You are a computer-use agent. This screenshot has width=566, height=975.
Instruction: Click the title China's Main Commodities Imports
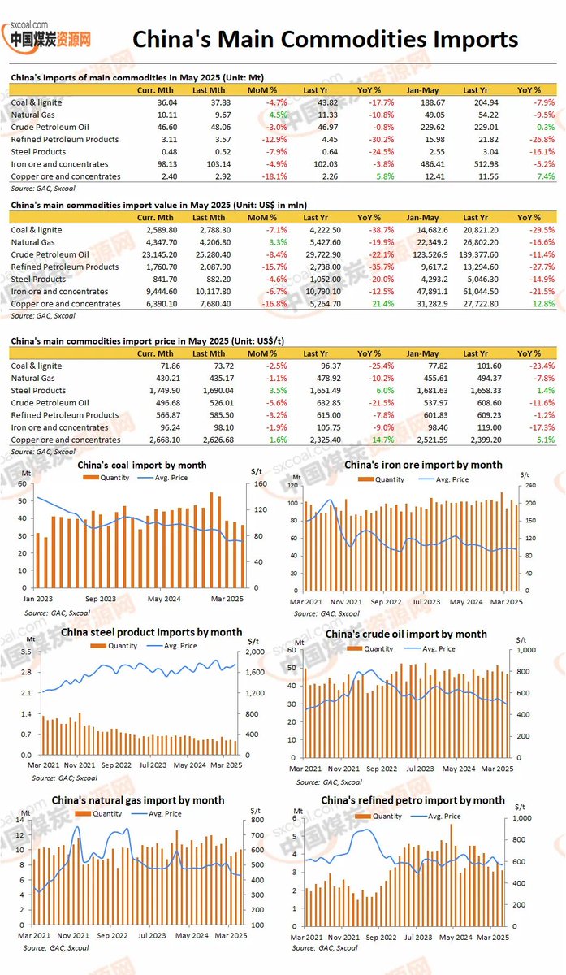tap(325, 39)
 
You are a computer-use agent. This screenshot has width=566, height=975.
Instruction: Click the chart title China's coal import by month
tap(141, 466)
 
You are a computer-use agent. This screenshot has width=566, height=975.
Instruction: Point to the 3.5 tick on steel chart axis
tap(26, 652)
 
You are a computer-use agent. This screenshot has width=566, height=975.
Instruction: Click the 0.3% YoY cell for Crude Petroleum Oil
tap(529, 128)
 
